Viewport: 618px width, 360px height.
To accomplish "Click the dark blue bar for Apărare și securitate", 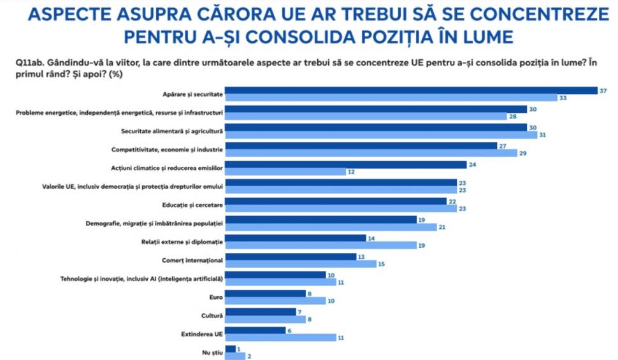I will coord(411,90).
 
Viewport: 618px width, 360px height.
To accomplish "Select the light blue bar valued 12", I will coord(285,172).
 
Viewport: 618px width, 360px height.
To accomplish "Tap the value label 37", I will coord(603,90).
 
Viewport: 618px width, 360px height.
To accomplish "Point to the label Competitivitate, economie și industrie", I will coord(166,150).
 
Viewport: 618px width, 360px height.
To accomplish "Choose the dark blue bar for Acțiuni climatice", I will coord(346,164).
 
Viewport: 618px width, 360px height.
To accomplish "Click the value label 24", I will coord(473,164).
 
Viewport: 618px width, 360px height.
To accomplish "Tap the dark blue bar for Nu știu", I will coord(231,349).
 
